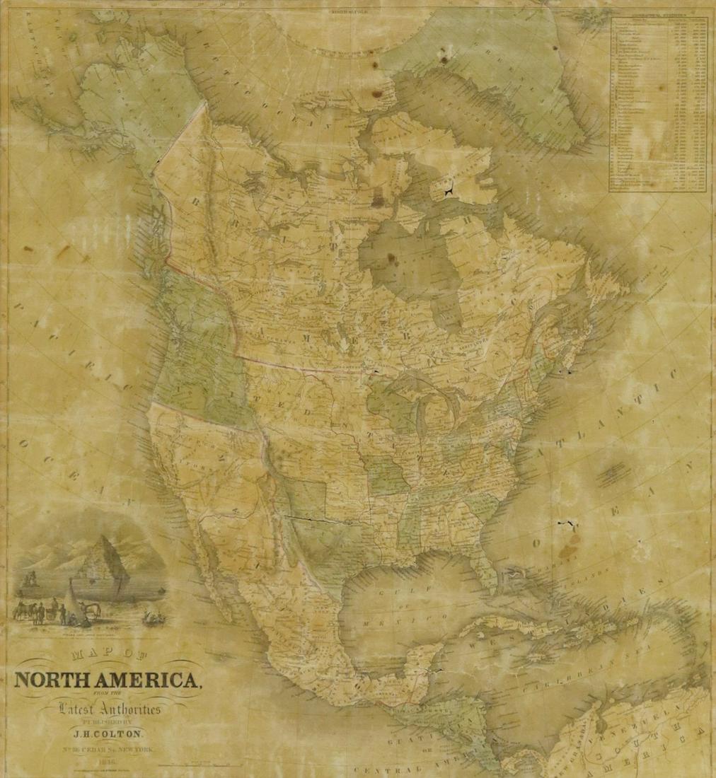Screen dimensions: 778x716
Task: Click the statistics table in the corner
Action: pos(658,104)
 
